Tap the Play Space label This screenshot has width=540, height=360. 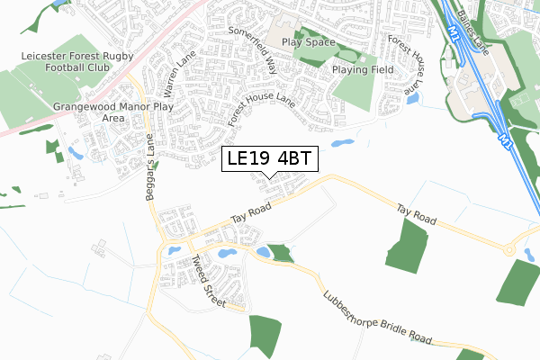(308, 42)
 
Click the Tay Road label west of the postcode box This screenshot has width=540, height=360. (250, 212)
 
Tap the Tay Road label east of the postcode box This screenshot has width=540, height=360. (418, 214)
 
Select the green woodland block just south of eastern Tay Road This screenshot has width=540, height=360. (408, 245)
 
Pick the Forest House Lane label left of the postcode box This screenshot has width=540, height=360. (261, 110)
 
